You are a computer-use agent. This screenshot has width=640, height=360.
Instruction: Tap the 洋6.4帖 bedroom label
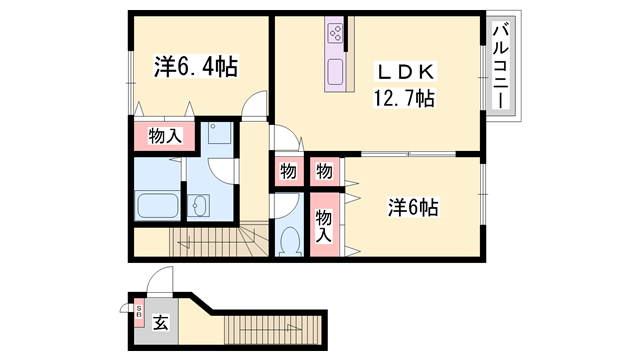196,66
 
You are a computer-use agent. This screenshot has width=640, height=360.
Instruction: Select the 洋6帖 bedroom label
413,207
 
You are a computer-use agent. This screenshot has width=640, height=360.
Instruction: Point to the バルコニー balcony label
501,66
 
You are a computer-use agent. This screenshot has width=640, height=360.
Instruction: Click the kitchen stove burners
336,33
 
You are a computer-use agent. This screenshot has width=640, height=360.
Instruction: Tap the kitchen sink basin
336,72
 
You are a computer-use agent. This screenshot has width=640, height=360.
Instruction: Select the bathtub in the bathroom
157,206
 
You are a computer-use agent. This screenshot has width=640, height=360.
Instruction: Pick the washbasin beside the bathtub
199,206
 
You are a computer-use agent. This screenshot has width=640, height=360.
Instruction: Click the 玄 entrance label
160,323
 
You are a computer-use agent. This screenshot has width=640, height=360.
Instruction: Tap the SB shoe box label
139,312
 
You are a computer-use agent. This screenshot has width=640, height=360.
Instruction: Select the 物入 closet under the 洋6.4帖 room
165,136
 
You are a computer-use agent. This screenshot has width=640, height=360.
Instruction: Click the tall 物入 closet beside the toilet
324,224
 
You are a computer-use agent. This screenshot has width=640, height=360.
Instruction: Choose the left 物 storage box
288,171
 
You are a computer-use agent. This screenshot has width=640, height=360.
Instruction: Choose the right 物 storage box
325,171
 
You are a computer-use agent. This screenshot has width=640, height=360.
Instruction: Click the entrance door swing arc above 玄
160,280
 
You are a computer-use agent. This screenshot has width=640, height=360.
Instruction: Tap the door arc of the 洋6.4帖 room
253,104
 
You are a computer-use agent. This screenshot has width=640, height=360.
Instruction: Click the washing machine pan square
220,132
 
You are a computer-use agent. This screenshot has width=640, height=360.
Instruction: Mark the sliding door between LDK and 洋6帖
408,154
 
